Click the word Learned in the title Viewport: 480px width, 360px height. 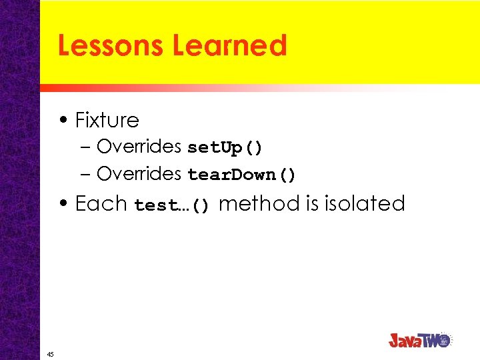tap(229, 45)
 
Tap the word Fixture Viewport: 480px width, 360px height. tap(107, 120)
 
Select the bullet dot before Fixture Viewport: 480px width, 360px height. tap(63, 121)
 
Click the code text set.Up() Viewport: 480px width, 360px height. tap(225, 147)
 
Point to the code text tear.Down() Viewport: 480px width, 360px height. tap(241, 175)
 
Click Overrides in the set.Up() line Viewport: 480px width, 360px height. tap(139, 146)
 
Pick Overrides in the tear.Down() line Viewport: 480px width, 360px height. tap(139, 174)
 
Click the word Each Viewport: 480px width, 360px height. tap(101, 203)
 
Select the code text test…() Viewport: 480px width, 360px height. tap(172, 205)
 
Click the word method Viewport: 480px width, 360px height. tap(259, 203)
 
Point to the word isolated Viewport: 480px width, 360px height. tap(365, 203)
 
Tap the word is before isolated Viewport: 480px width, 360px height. tap(313, 203)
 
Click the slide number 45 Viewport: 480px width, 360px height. tap(51, 354)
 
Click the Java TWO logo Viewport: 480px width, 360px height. tap(420, 340)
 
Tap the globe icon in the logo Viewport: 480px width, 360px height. tap(445, 339)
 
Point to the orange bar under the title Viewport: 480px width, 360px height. tap(200, 88)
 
